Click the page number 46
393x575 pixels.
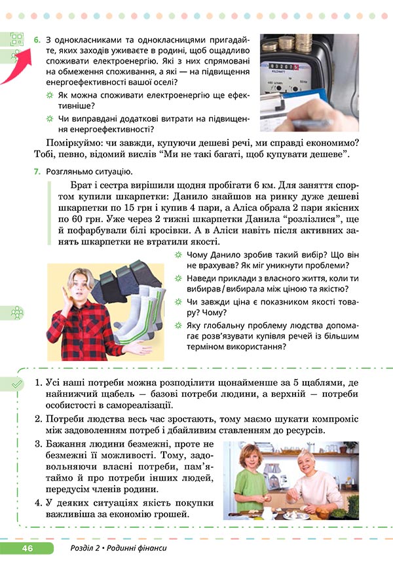(27, 547)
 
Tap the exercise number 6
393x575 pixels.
(37, 41)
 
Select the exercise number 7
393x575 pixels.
(37, 172)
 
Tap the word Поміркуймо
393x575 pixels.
(76, 142)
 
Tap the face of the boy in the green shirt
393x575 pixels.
(251, 458)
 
